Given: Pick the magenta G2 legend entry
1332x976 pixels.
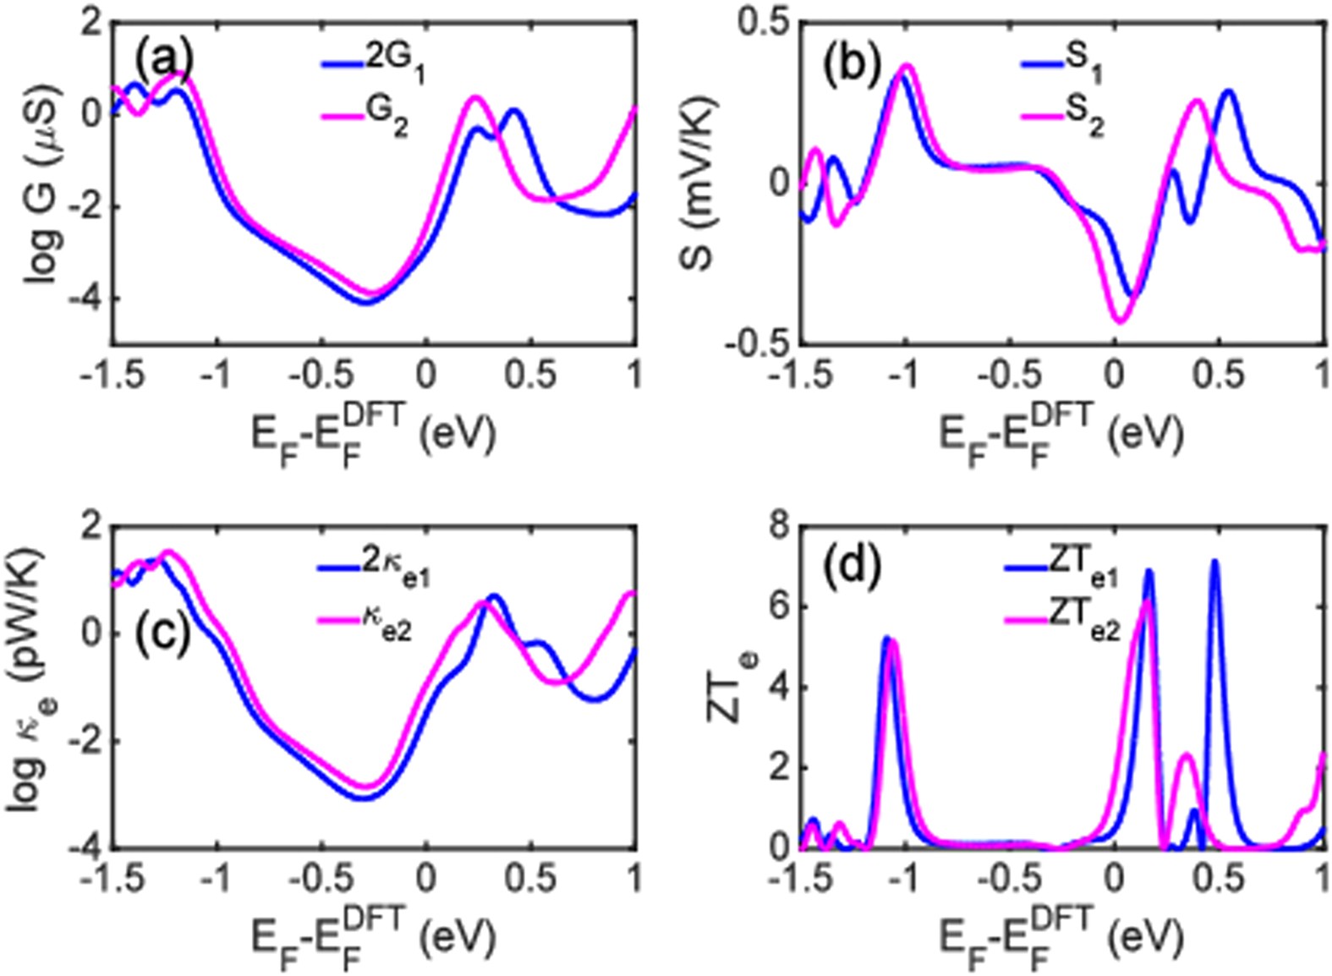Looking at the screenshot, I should click(366, 124).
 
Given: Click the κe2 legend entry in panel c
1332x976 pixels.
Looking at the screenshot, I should click(366, 627).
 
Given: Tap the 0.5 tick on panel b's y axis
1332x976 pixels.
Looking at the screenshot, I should click(761, 23).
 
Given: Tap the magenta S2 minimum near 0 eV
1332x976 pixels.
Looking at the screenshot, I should click(1120, 321).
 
